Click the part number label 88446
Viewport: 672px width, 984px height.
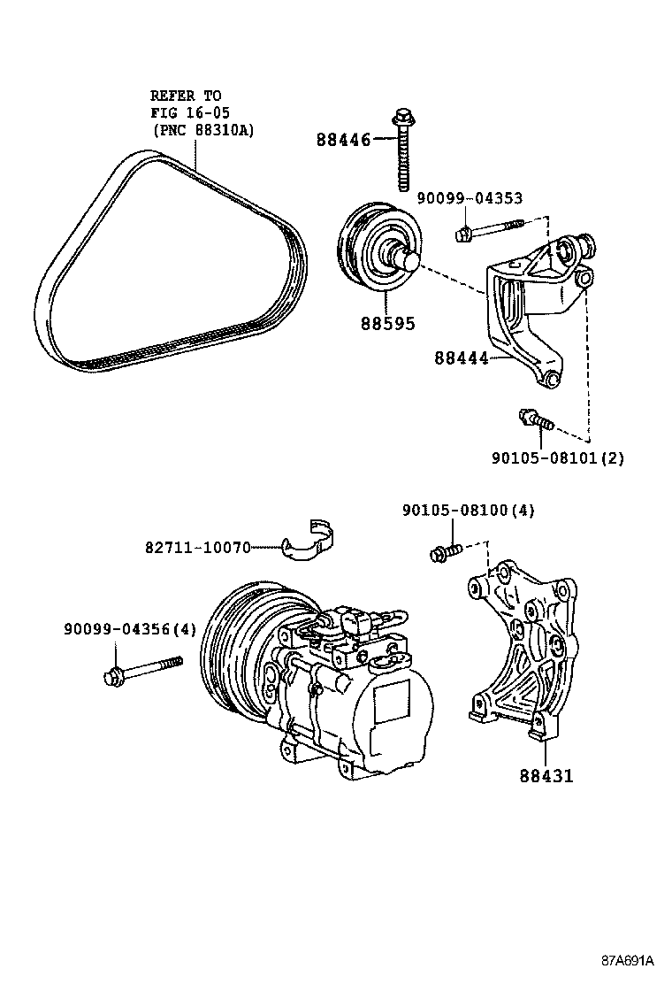click(343, 139)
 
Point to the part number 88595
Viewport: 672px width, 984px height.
click(386, 324)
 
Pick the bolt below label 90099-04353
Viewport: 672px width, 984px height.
click(490, 230)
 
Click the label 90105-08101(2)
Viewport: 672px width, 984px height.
click(558, 457)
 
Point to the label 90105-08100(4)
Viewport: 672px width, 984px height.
click(468, 511)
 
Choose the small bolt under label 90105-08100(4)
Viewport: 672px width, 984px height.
click(446, 551)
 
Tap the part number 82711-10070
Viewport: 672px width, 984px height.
click(198, 548)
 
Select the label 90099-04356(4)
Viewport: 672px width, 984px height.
click(129, 629)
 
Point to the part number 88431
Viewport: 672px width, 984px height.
click(546, 775)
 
